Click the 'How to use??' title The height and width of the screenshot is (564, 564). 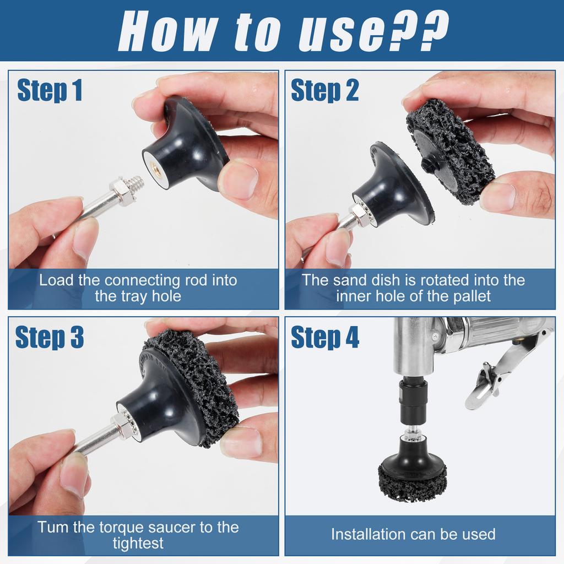(283, 31)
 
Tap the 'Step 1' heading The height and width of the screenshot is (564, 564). (50, 90)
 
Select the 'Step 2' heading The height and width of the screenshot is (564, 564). (325, 90)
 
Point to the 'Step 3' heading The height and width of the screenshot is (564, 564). (50, 337)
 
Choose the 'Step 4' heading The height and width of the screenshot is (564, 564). (325, 337)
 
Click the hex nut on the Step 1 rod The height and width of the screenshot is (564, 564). (120, 191)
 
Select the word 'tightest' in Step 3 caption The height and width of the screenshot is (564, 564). (138, 543)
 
